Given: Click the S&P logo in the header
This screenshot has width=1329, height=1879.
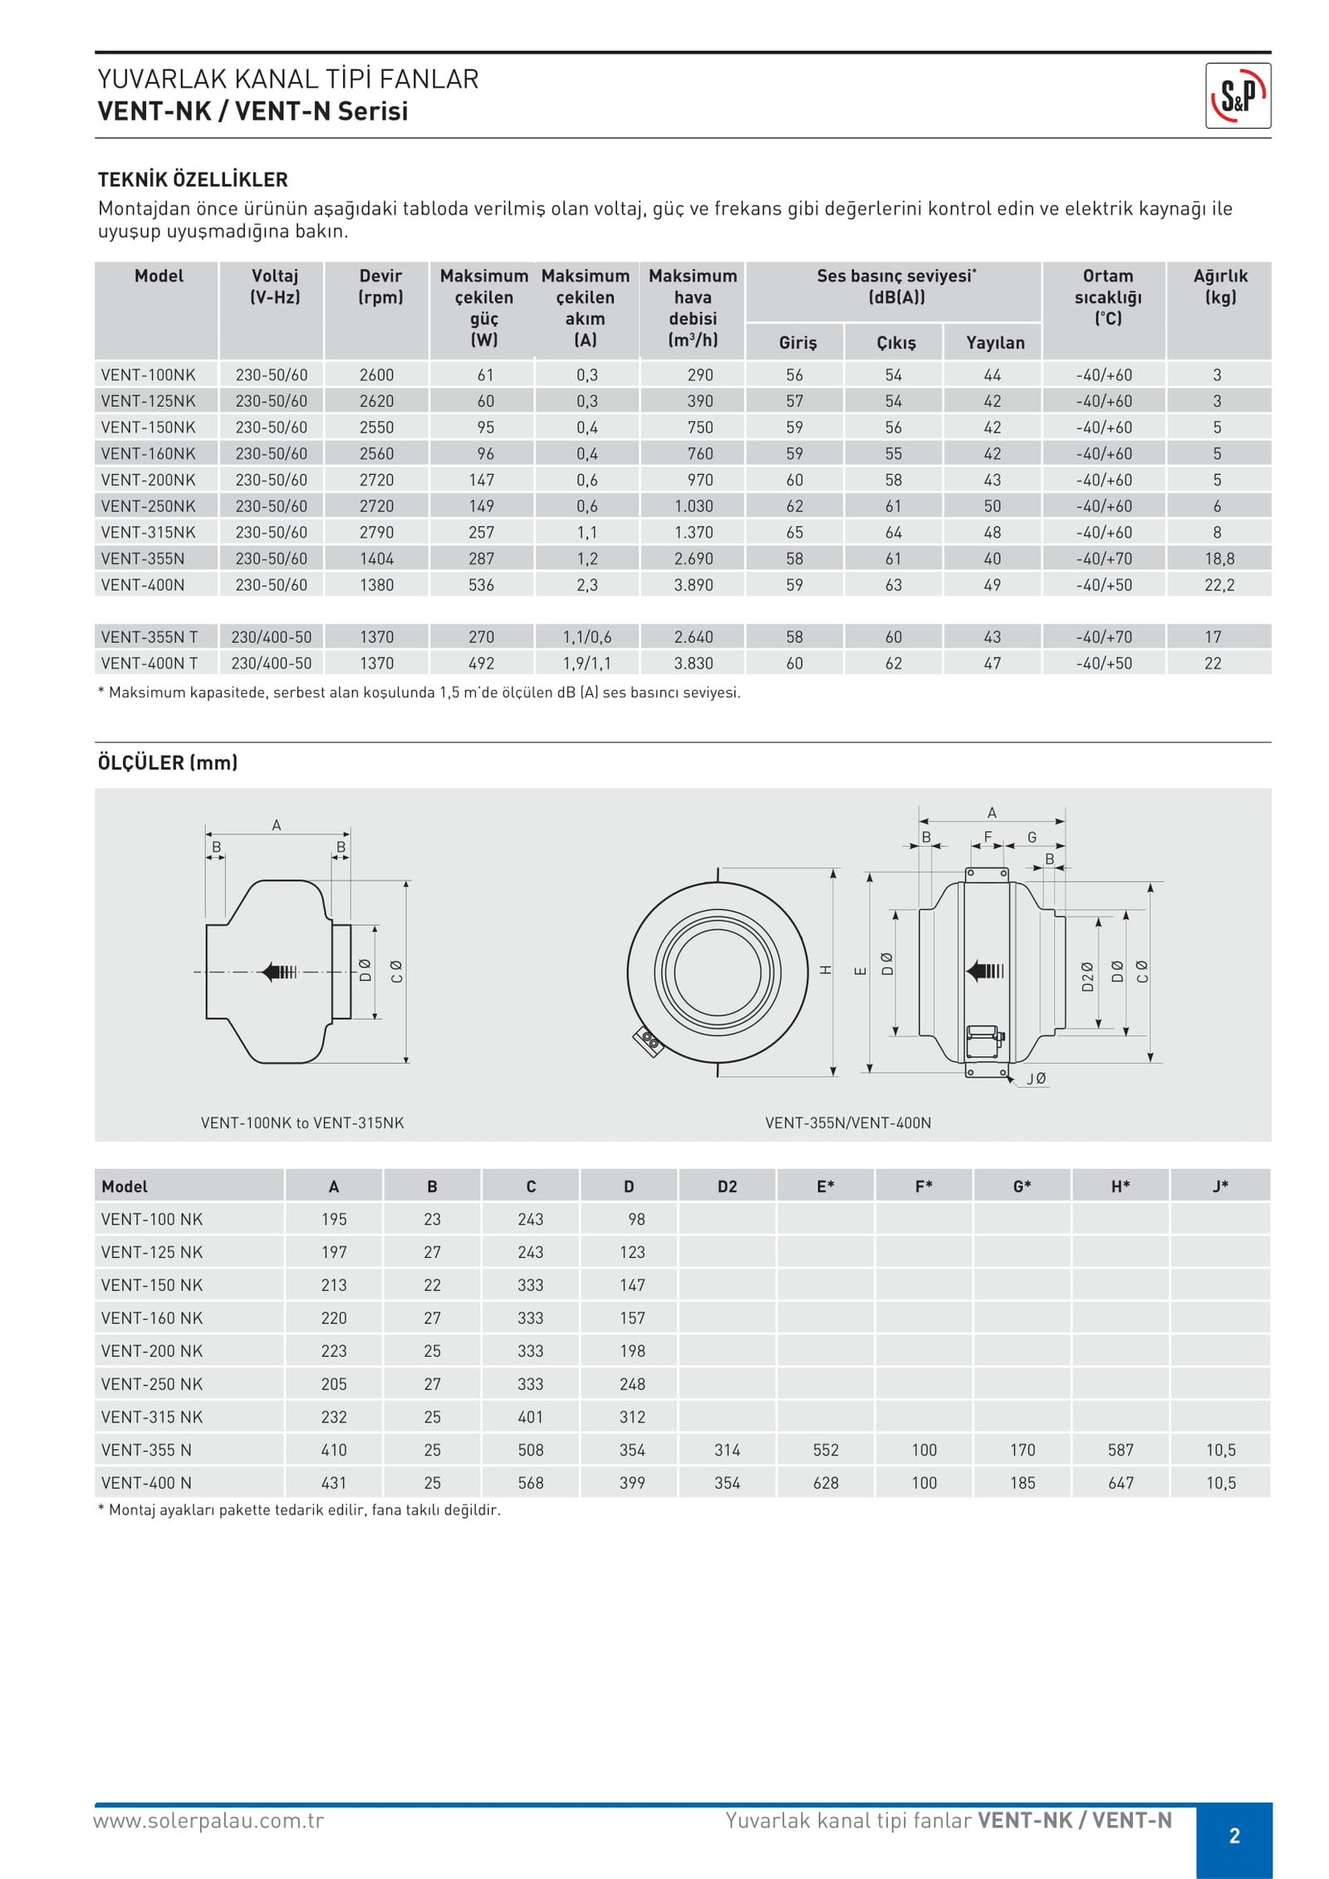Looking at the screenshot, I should pos(1238,96).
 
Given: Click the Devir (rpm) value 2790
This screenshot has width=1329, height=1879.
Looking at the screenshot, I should pos(376,532).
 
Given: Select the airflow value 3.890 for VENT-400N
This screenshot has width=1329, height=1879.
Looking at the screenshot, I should pos(694,585).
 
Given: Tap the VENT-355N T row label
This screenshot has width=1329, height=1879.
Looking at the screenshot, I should pos(150,637).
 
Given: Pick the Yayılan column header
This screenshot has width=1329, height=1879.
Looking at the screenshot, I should pos(995,342).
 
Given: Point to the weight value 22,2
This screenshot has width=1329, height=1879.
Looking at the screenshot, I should pos(1219,585).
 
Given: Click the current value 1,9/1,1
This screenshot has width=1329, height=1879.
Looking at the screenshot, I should pos(587,663).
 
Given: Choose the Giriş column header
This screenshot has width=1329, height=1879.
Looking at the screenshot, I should pos(797,342).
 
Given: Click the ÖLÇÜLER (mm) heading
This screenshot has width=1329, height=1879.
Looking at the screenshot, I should pos(168,762).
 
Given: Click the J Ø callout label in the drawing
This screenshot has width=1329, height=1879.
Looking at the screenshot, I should pos(1036,1079).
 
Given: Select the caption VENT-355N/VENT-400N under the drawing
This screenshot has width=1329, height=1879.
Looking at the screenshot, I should pos(848,1123).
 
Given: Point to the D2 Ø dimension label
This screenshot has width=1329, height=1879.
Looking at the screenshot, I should pos(1086,976).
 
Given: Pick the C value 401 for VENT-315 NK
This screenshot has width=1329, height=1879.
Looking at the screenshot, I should pos(531,1417).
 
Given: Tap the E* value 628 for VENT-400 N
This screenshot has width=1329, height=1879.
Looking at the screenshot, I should pos(826,1482).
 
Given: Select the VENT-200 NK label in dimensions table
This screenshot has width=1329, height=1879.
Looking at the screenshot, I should pos(152,1351).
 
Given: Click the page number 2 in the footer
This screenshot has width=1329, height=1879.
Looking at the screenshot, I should pos(1234,1835).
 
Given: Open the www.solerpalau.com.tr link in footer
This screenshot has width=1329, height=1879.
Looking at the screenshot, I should pos(208,1821).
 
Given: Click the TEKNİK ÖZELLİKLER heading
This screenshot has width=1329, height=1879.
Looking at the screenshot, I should pos(193,179).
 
